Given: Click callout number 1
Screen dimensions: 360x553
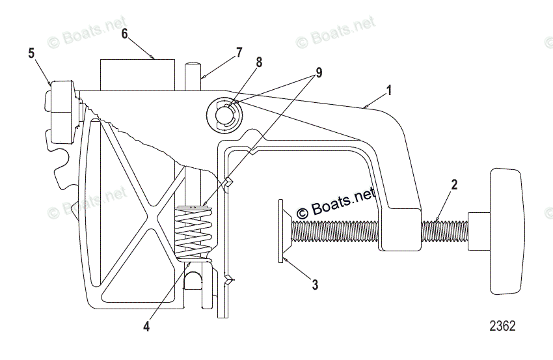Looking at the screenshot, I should [389, 90].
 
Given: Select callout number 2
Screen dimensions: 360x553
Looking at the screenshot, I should [454, 184].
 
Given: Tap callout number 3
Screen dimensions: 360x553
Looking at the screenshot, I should [315, 284].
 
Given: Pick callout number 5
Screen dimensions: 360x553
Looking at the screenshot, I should [31, 53].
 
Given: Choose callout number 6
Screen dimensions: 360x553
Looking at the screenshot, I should [124, 34].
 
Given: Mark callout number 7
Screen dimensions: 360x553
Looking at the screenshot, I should [239, 52].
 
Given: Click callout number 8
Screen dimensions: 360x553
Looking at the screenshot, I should [259, 62].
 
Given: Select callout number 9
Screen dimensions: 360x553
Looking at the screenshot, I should [319, 73].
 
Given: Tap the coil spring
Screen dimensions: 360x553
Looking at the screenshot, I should [195, 231].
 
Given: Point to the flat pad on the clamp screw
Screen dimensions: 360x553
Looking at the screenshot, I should [282, 231].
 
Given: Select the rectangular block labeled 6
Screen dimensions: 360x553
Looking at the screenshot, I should [137, 74].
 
